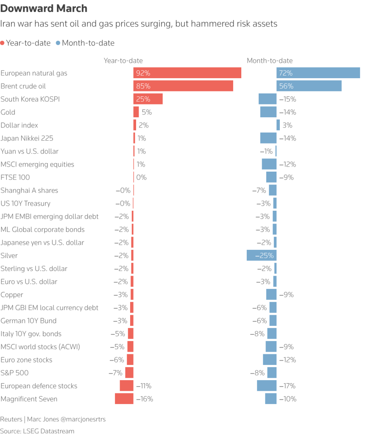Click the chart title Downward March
(x=44, y=8)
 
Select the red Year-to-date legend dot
(x=3, y=43)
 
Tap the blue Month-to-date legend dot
(x=58, y=43)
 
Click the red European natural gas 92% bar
(x=187, y=73)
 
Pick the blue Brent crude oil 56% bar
(x=309, y=86)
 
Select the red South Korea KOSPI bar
(x=148, y=99)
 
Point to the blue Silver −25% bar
(x=261, y=256)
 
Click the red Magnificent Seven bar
(x=124, y=399)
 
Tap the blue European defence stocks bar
(x=267, y=386)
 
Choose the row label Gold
(x=8, y=112)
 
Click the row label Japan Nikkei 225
(x=27, y=138)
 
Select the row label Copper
(x=12, y=295)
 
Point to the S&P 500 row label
(x=15, y=373)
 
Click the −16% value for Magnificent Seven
(x=144, y=399)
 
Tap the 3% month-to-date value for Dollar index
(x=287, y=125)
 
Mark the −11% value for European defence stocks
(x=143, y=386)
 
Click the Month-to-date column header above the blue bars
(x=270, y=61)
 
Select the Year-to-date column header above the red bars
(x=123, y=61)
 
